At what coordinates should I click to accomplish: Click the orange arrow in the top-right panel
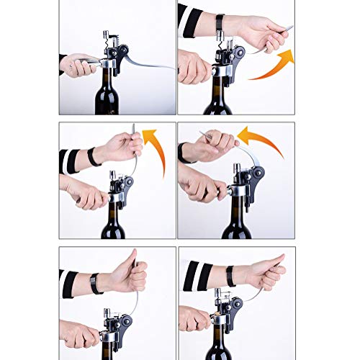272,65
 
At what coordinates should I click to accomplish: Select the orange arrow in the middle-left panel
153,148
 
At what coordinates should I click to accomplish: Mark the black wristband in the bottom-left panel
95,283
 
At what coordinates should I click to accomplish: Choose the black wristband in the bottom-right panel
230,276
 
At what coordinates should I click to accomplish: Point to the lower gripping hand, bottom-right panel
194,317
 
